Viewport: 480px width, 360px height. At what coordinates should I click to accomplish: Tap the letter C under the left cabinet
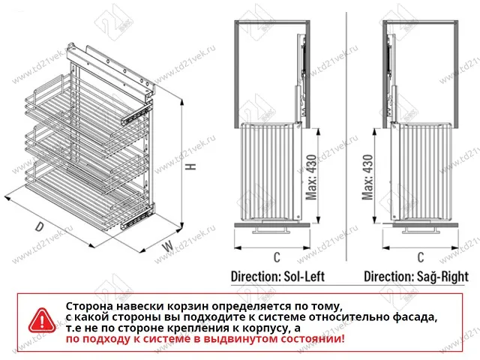[276, 257]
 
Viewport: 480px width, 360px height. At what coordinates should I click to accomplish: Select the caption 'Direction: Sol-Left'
[277, 276]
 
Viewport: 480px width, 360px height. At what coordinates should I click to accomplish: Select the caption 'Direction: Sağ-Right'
[416, 276]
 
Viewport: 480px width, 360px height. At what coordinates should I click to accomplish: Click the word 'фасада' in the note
[413, 318]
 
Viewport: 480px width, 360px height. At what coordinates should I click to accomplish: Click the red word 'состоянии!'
[311, 340]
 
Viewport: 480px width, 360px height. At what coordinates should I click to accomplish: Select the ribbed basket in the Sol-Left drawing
[268, 172]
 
